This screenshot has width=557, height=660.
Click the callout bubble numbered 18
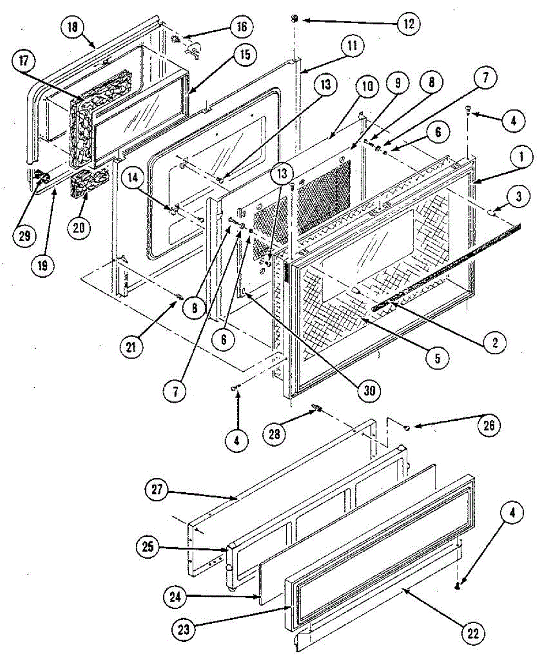tap(73, 27)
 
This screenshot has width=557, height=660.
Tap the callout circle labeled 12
tap(408, 24)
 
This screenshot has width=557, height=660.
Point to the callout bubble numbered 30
tap(369, 391)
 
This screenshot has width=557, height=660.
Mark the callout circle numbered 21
tap(131, 348)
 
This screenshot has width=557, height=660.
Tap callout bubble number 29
tap(25, 236)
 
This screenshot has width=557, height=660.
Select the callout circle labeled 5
tap(438, 358)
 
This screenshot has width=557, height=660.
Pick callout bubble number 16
tap(242, 27)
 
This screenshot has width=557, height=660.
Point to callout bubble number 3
tap(518, 197)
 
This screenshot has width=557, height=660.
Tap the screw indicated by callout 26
tap(407, 428)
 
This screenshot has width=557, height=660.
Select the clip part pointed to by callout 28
tap(316, 410)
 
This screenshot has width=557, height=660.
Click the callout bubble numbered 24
tap(175, 597)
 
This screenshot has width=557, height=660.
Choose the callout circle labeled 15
tap(244, 54)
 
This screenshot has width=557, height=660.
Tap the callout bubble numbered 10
tap(367, 86)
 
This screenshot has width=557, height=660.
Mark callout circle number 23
tap(183, 629)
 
